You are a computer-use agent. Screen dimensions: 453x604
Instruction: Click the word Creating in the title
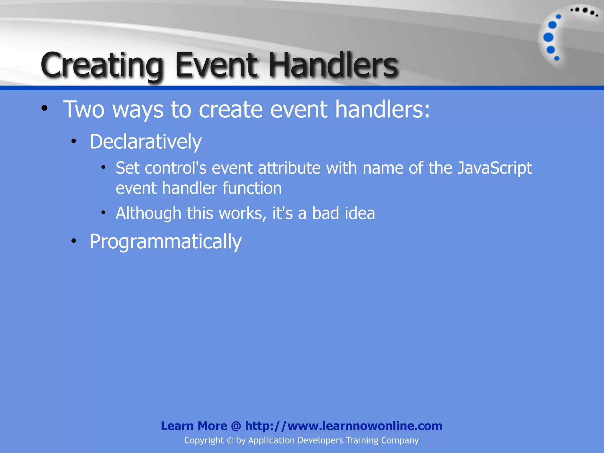102,65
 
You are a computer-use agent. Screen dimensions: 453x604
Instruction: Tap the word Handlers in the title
333,65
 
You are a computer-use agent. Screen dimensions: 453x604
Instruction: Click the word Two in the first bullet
84,109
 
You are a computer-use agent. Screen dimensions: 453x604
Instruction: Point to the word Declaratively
145,142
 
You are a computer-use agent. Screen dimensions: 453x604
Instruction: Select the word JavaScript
495,168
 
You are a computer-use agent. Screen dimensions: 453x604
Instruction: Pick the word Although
148,213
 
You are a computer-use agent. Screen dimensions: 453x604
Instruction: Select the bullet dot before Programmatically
74,241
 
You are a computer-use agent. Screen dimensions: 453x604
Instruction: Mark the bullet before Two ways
44,108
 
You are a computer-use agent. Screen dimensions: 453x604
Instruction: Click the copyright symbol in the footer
230,441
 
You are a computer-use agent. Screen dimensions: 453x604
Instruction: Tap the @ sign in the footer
236,426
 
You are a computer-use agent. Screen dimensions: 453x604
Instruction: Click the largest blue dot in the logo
548,37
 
